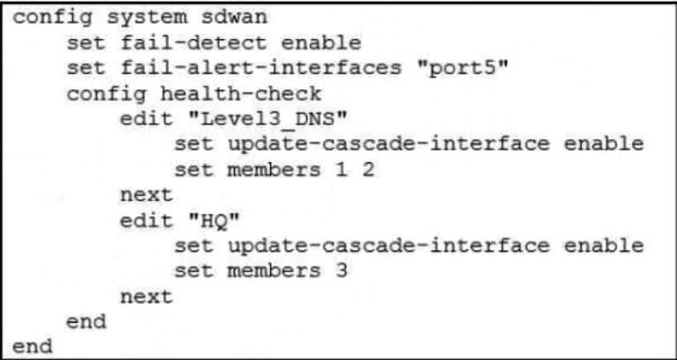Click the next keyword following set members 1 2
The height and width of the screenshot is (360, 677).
(x=147, y=195)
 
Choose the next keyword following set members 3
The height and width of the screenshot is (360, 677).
(x=147, y=296)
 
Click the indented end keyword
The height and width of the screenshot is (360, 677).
(x=86, y=322)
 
